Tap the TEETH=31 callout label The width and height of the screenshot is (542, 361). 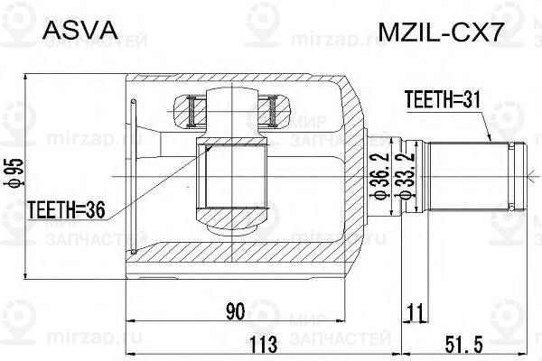click(440, 101)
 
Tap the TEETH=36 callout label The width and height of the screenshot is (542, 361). click(66, 210)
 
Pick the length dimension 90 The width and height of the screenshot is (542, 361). click(236, 312)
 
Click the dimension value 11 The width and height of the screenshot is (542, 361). click(416, 313)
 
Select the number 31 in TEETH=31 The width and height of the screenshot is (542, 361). click(467, 101)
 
